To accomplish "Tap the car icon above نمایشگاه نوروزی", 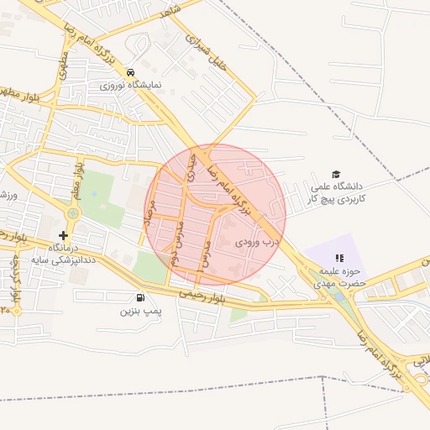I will [x=130, y=72].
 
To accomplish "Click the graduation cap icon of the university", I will [x=337, y=173].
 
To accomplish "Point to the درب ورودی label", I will [x=255, y=241].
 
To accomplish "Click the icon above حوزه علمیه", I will [x=339, y=259].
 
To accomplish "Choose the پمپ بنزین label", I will [x=139, y=311].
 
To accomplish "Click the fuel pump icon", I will [x=139, y=296].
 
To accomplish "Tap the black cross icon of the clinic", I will [x=63, y=235].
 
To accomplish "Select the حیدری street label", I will [x=192, y=167].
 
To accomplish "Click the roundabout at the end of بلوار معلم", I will [x=72, y=213].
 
